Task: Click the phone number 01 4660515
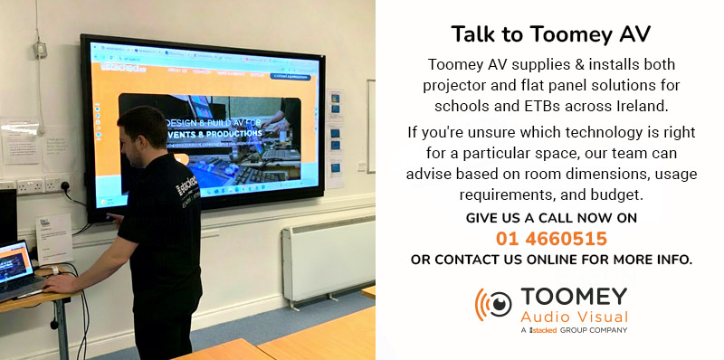click(551, 240)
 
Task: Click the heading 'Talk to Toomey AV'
click(551, 35)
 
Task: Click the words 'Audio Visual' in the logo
click(574, 317)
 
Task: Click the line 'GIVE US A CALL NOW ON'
click(551, 219)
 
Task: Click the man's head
click(144, 130)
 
